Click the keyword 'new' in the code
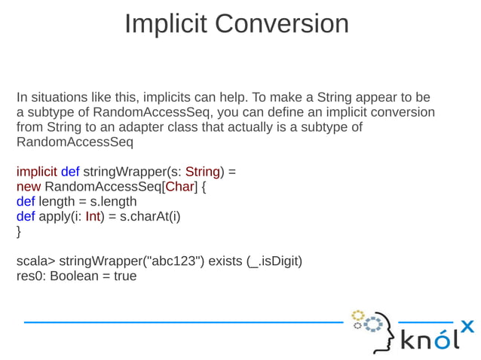(29, 186)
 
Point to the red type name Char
(178, 186)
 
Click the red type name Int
(93, 216)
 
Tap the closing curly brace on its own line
(19, 231)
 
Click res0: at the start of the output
(31, 276)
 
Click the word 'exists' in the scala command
(225, 261)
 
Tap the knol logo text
(428, 340)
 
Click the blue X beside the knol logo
(467, 326)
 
